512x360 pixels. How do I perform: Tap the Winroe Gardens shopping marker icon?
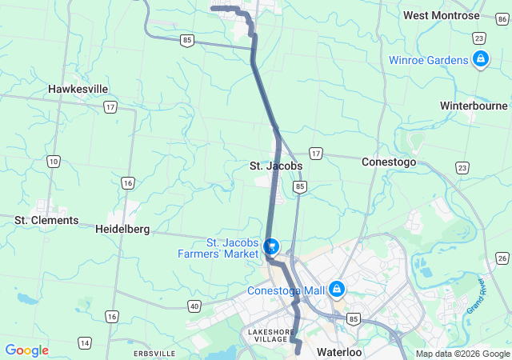[481, 58]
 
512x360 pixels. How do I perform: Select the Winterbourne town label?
[474, 106]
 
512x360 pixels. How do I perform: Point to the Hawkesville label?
[78, 89]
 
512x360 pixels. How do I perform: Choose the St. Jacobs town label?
[275, 166]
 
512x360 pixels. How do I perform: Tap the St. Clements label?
[46, 220]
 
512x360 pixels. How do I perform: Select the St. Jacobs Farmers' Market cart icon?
[270, 245]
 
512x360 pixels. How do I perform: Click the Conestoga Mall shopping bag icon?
[338, 288]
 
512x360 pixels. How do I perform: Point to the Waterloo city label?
[339, 352]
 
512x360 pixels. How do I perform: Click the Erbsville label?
[153, 353]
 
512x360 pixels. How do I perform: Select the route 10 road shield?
[53, 162]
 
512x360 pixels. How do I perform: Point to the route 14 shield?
[84, 342]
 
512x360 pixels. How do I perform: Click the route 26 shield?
[502, 258]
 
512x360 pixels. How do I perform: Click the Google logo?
[26, 350]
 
